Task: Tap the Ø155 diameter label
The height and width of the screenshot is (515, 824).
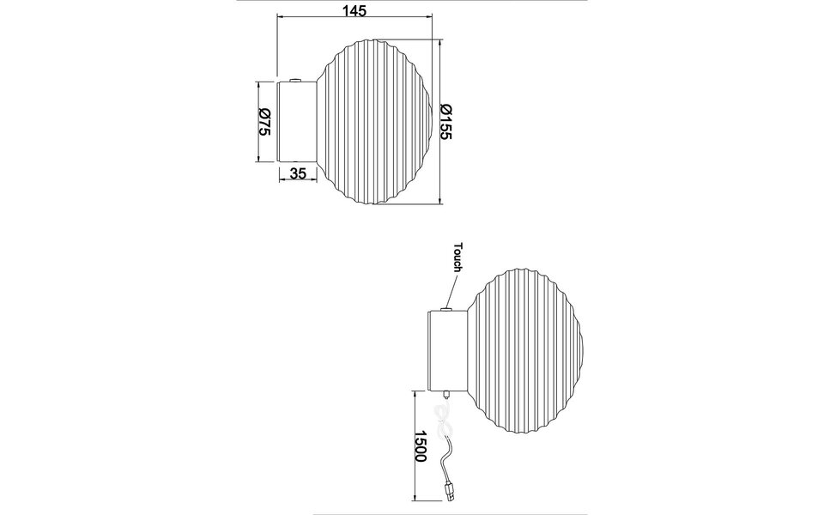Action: coord(445,121)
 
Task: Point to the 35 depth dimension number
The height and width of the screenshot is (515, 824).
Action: coord(298,173)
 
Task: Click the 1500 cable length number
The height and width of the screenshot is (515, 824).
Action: coord(420,447)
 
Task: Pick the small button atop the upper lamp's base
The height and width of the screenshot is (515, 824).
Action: coord(295,81)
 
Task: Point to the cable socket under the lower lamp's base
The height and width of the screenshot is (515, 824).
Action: coord(445,391)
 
